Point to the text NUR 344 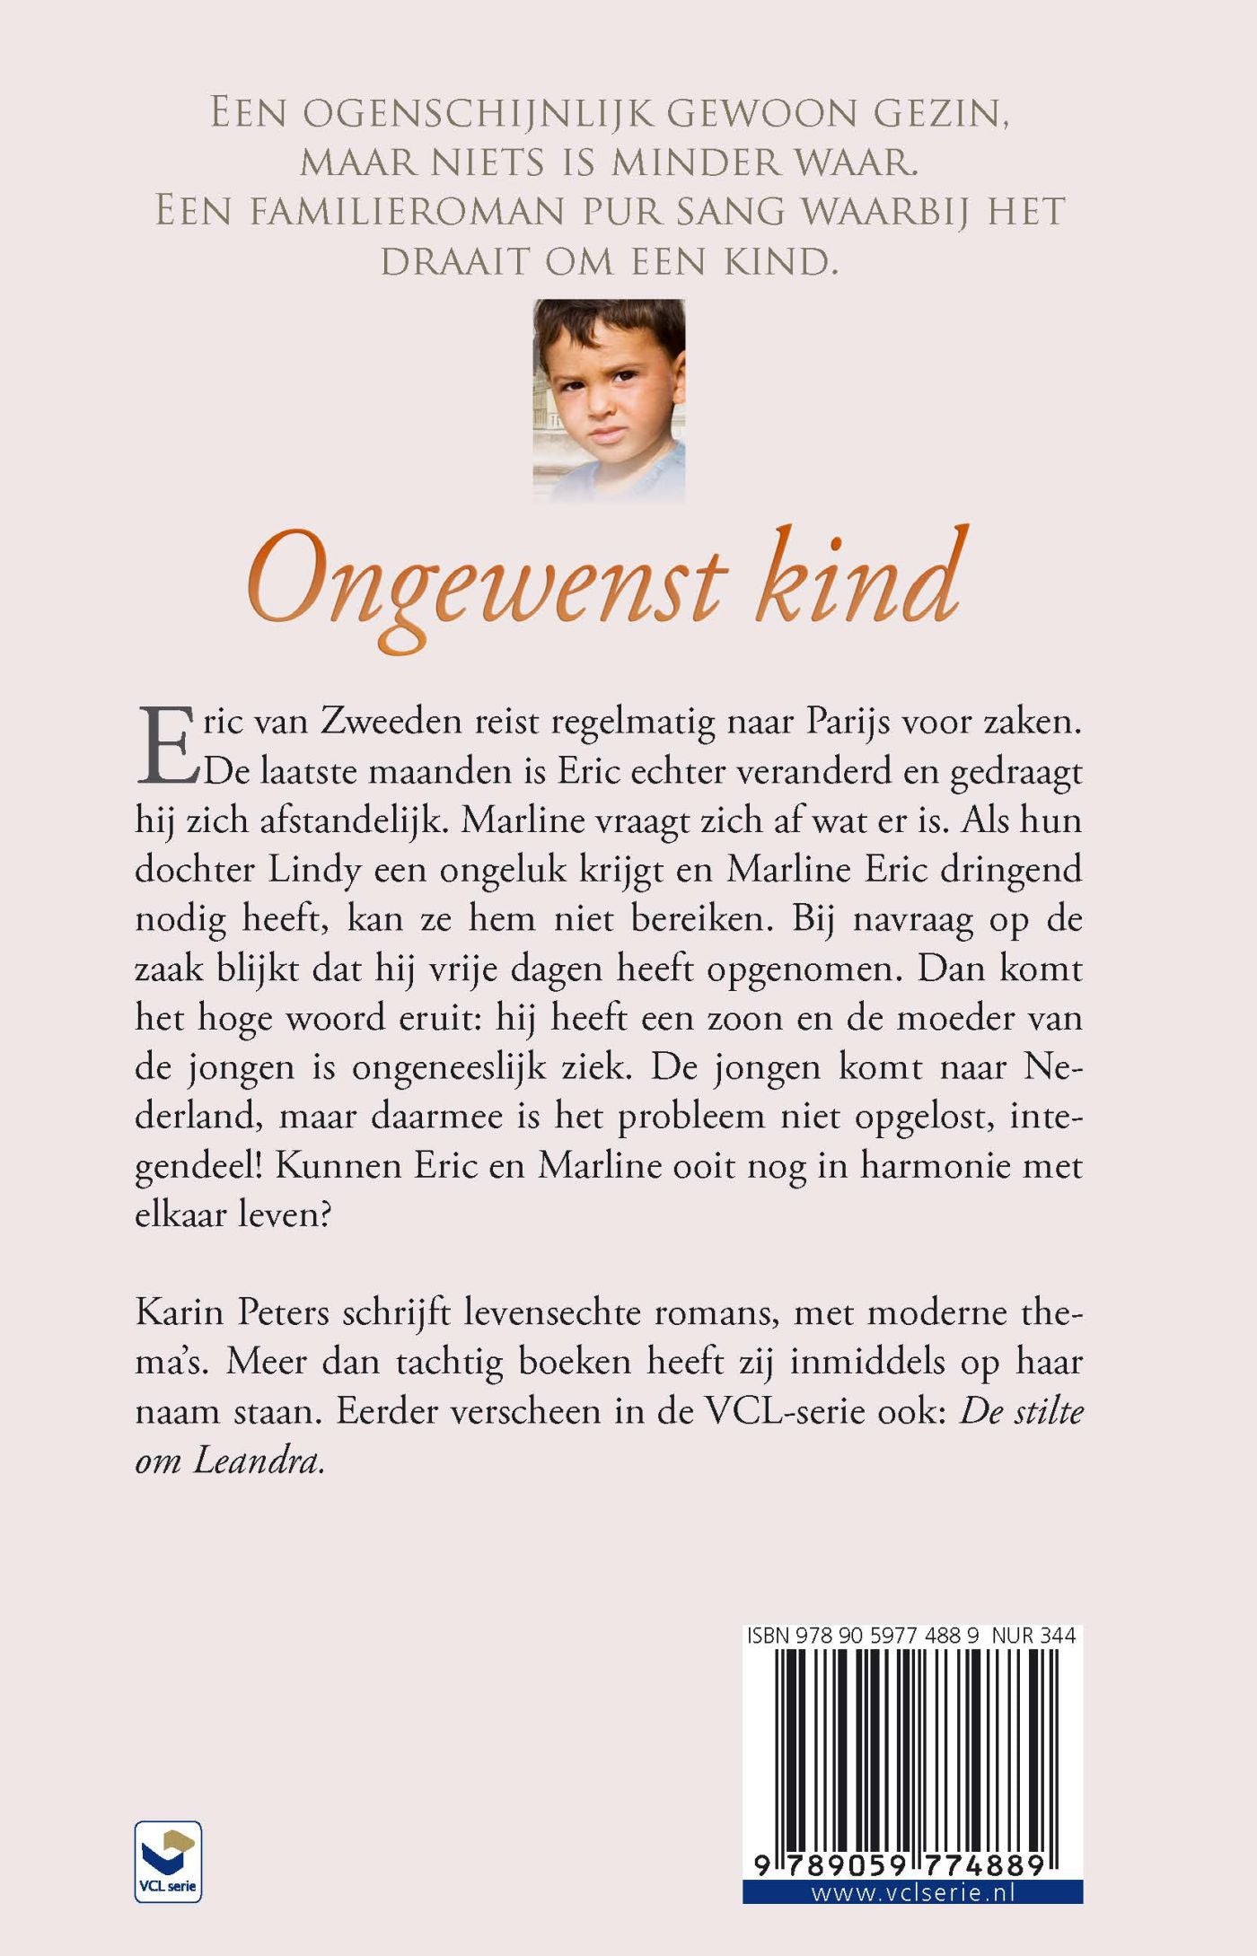[1033, 1636]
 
